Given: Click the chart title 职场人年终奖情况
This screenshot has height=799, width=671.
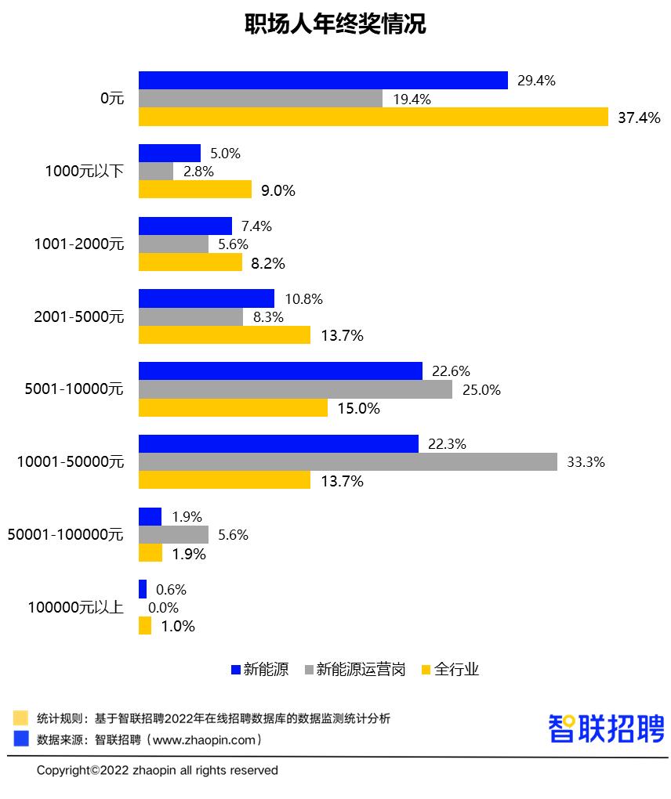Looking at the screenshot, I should [335, 24].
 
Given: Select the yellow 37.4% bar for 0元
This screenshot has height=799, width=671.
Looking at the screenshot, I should [373, 117].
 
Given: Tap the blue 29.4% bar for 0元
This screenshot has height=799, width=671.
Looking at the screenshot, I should [323, 81].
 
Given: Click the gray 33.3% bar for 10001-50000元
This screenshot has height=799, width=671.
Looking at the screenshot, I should [348, 462].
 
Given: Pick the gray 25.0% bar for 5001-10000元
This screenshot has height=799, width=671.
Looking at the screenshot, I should [296, 389].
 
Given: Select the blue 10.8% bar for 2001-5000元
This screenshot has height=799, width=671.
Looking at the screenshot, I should [206, 298].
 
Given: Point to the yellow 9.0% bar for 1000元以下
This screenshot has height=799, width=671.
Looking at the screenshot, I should [195, 190].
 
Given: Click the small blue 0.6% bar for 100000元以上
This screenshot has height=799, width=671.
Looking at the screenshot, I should [143, 589].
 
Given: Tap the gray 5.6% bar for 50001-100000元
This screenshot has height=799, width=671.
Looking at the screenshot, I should [173, 535].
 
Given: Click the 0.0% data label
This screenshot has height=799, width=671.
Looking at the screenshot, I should [163, 608].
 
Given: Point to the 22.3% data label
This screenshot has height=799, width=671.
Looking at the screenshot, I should [447, 444].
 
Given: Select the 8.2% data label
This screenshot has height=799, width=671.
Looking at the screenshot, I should [268, 263].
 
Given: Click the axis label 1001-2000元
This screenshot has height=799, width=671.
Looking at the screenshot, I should [79, 244].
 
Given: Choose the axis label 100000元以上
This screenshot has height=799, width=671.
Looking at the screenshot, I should [75, 607].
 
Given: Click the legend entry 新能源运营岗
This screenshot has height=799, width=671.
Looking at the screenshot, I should [360, 670].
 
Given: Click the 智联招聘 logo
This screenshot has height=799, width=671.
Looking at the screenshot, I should [606, 728].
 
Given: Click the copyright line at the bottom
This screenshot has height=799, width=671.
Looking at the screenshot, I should [157, 771].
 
